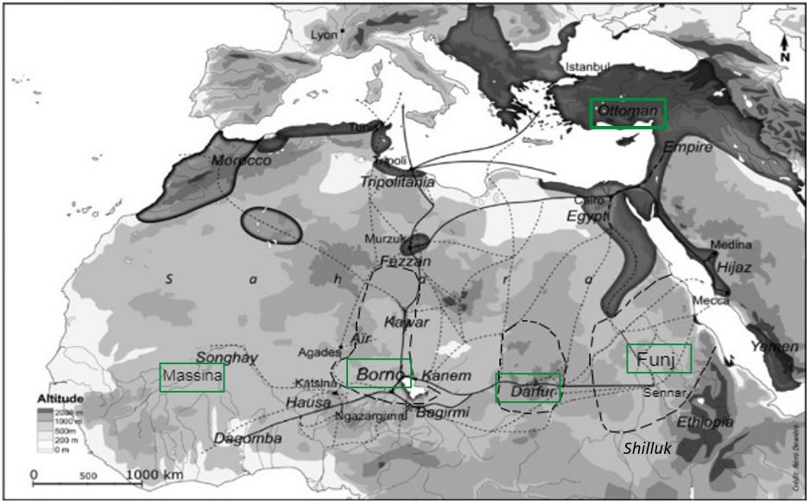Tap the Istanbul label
[x=588, y=67]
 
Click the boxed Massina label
[x=192, y=377]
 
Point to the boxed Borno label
[x=379, y=374]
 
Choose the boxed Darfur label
[x=528, y=389]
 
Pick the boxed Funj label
[x=659, y=358]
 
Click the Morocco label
[x=240, y=161]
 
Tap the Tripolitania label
[x=397, y=182]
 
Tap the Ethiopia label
[x=705, y=422]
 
